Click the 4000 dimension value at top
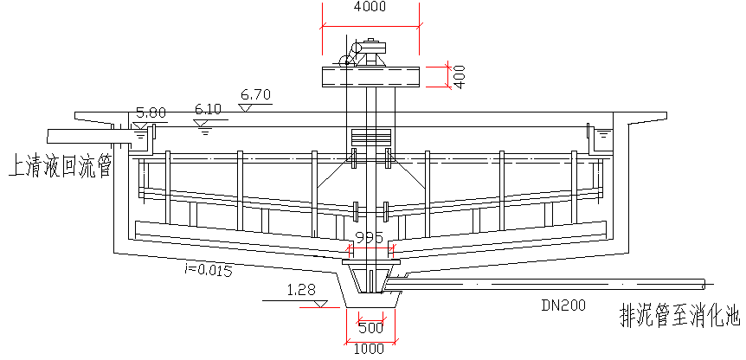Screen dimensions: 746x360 coord(370,7)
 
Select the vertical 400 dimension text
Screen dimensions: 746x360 coord(460,76)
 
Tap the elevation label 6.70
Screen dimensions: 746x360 coord(256,95)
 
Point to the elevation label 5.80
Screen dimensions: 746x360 coord(151,113)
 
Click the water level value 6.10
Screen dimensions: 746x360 coord(209,110)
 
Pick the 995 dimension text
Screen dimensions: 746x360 coord(370,238)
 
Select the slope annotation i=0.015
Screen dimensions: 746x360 coord(208,271)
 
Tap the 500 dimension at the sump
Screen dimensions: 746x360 coord(370,327)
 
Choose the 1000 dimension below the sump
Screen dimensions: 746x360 coord(370,349)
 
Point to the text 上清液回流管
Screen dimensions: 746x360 coord(60,167)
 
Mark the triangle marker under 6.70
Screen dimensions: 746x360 coord(246,108)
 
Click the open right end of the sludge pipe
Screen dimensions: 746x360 coord(704,285)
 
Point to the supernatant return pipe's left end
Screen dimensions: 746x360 coord(48,137)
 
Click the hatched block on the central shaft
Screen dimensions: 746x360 coord(370,138)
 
